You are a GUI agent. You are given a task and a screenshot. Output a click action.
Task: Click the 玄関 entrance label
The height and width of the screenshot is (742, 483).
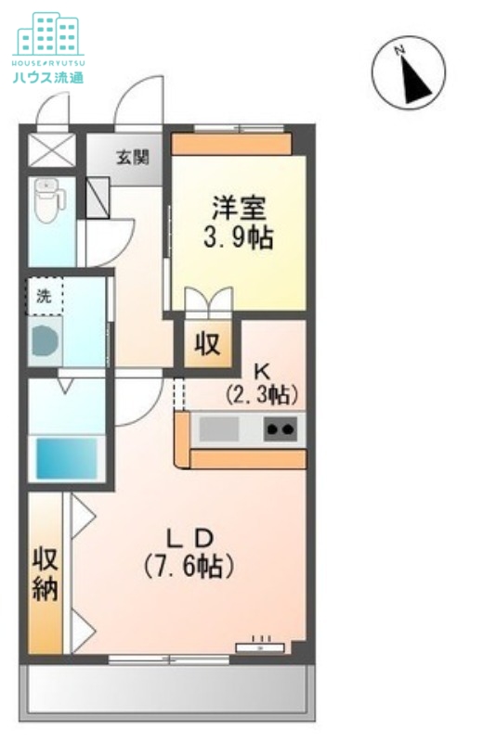pyautogui.click(x=133, y=157)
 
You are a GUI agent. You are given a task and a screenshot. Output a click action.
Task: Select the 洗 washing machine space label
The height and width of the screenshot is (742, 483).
pyautogui.click(x=44, y=296)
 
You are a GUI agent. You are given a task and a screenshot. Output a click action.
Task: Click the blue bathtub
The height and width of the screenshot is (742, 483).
pyautogui.click(x=66, y=458)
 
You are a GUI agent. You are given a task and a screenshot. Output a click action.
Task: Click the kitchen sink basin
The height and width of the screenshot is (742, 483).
pyautogui.click(x=218, y=429)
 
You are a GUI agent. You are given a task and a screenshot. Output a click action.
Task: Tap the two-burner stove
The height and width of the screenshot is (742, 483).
pyautogui.click(x=281, y=429)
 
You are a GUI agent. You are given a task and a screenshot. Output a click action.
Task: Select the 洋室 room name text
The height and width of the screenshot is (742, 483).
pyautogui.click(x=239, y=208)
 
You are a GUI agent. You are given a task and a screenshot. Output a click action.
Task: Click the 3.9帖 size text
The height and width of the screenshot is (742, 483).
pyautogui.click(x=239, y=238)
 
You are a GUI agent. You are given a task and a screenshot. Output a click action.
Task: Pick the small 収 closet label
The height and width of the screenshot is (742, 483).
pyautogui.click(x=208, y=344)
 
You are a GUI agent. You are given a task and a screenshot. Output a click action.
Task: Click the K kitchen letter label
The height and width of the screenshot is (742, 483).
pyautogui.click(x=262, y=372)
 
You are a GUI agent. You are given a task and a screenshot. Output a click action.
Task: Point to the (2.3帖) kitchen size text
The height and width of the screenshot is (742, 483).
pyautogui.click(x=262, y=394)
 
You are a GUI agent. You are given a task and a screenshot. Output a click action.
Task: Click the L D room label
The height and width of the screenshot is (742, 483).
pyautogui.click(x=189, y=539)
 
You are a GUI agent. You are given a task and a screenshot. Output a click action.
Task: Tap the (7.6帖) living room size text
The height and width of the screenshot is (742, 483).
pyautogui.click(x=189, y=566)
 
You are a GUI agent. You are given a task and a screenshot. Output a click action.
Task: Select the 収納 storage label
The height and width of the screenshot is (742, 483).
pyautogui.click(x=45, y=574)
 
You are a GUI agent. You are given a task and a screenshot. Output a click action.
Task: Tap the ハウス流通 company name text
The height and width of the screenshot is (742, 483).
pyautogui.click(x=48, y=77)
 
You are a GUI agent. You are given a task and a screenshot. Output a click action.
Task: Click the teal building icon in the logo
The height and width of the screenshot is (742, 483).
pyautogui.click(x=48, y=33)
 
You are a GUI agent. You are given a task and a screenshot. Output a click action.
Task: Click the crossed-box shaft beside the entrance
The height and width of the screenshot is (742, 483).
pyautogui.click(x=52, y=149)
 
